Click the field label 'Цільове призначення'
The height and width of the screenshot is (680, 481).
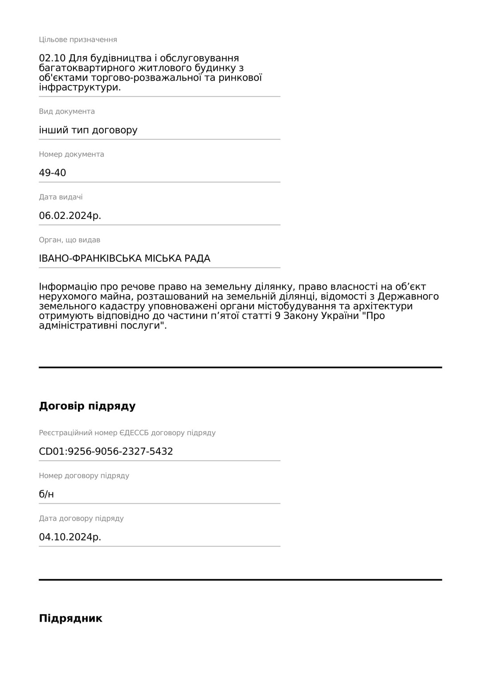pos(78,40)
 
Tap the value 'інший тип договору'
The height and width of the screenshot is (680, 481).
pos(88,130)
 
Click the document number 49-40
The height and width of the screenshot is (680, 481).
pos(53,173)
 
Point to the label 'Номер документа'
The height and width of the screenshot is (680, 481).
pos(71,154)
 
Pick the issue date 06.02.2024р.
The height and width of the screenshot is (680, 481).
pos(70,216)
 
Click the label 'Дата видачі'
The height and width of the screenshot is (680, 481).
pos(61,197)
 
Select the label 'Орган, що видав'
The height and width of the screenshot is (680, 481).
pos(69,240)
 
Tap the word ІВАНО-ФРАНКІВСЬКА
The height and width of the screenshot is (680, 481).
pos(90,259)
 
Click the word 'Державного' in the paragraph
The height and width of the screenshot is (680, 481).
pos(408,296)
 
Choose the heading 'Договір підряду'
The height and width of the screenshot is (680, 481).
pos(87,406)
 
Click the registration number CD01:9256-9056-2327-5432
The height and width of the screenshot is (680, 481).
pos(106,452)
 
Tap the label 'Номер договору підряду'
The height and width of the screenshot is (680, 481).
pos(84,476)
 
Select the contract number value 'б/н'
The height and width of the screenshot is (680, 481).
pos(46,494)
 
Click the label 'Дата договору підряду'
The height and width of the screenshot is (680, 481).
pos(81,518)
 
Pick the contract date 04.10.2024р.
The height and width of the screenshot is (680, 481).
pos(70,537)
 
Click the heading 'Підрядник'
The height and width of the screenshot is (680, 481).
pos(70,618)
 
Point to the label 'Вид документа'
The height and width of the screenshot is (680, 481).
pos(67,111)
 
